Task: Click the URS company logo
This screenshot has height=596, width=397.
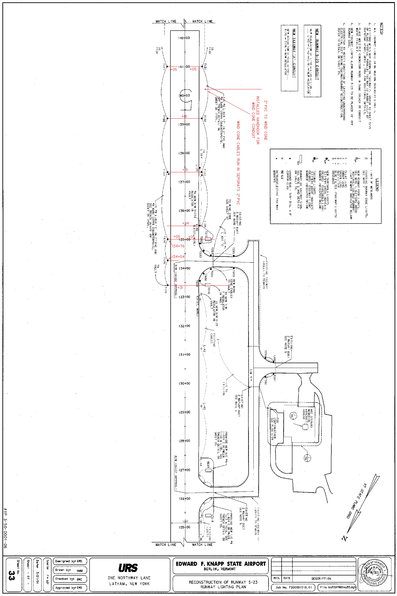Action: (x=128, y=568)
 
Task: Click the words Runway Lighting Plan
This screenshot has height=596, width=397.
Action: (x=223, y=587)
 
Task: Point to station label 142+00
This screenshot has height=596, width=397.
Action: (x=184, y=38)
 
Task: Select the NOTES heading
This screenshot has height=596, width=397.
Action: (x=382, y=28)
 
